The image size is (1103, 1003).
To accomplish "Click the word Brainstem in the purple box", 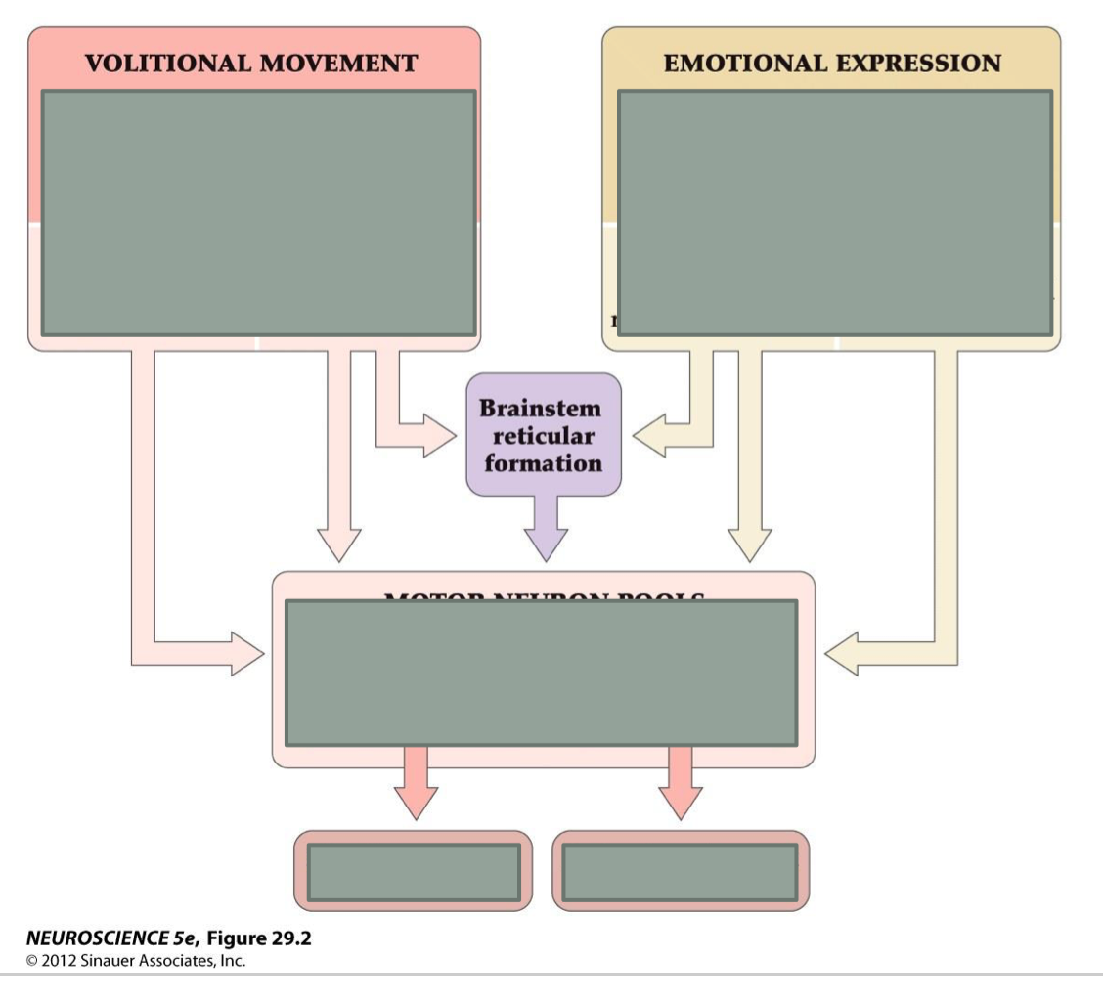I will point(541,408).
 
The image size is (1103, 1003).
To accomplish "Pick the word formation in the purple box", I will point(543,462).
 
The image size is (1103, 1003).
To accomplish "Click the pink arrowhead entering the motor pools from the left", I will point(245,653).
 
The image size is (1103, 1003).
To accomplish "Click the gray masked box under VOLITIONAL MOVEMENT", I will point(259,213).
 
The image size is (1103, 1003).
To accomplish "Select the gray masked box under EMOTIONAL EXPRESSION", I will point(835,213).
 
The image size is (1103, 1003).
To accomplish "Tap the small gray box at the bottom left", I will point(414,872).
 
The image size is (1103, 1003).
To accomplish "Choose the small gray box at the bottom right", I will point(681,872).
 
